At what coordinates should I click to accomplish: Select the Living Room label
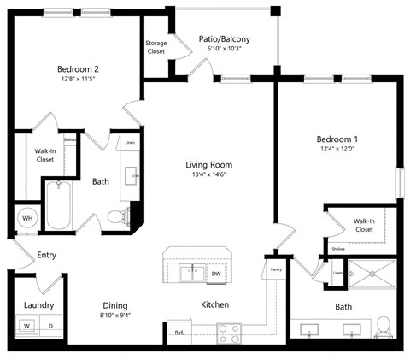coord(208,165)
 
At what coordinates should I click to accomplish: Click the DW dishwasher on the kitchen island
coord(216,274)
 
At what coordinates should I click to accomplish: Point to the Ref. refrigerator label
coord(179,333)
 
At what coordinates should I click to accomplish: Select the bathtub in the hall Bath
coord(61,205)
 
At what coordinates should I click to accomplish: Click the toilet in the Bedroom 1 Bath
coord(384,326)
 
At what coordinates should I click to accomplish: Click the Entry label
coord(46,255)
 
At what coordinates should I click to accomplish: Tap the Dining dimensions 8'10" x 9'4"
coord(115,316)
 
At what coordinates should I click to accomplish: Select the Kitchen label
coord(214,304)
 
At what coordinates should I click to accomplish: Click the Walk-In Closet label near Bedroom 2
coord(44,155)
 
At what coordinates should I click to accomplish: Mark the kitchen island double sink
coord(191,274)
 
